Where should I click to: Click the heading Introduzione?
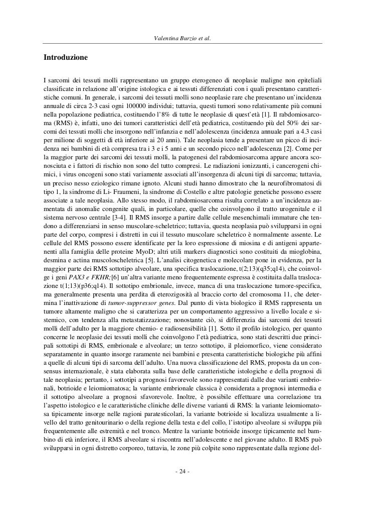[x=65, y=58]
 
